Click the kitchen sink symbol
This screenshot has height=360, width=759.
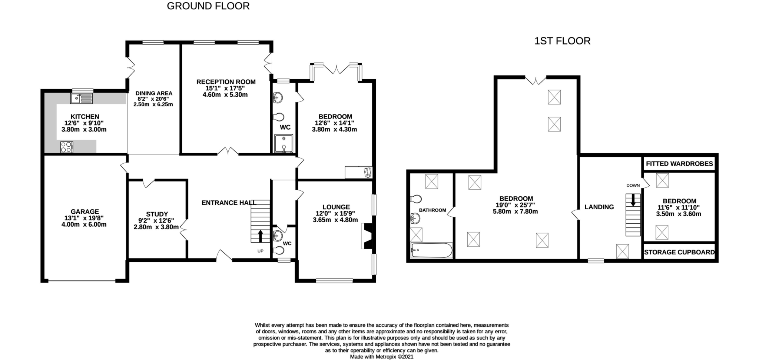(x=81, y=98)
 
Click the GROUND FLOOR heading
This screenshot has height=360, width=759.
(x=208, y=6)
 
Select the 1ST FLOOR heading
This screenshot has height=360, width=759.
(x=562, y=41)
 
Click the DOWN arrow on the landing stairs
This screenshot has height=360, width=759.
(x=633, y=200)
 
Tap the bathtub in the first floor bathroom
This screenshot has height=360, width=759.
(x=431, y=250)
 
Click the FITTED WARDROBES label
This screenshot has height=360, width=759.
(x=679, y=164)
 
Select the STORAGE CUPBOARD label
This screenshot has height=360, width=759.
(x=679, y=252)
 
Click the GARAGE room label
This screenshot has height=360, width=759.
(x=85, y=212)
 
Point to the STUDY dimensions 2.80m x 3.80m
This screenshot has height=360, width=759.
(x=156, y=227)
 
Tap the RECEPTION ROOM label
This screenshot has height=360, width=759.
(x=226, y=82)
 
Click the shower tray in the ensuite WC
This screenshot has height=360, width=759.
(x=284, y=144)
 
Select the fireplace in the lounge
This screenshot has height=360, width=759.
(x=367, y=236)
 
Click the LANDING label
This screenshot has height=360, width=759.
(x=599, y=207)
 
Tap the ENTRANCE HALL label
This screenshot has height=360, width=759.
(x=229, y=203)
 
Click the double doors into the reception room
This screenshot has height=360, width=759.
(x=228, y=151)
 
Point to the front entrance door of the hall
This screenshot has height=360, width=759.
(x=224, y=256)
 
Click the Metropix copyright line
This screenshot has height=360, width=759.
(x=382, y=357)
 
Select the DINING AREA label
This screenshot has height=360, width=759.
(x=154, y=93)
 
